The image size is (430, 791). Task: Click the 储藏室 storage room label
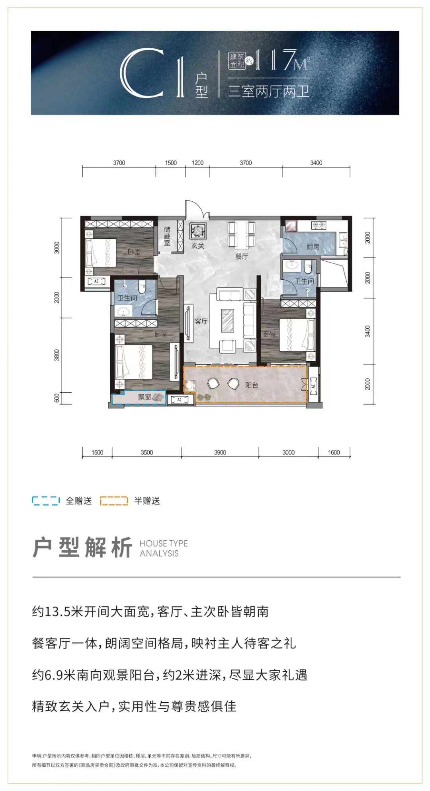(167, 236)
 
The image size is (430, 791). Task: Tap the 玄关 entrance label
(197, 246)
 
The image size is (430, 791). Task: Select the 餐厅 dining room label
(241, 257)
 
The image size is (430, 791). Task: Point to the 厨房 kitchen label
(313, 247)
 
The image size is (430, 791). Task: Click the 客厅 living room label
(201, 321)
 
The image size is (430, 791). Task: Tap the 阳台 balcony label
(252, 385)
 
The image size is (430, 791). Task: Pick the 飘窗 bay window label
(144, 397)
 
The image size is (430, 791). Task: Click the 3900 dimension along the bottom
(220, 452)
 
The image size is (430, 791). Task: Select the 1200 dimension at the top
(197, 163)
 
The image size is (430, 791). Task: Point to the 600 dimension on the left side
(57, 398)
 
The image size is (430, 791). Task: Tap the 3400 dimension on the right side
(367, 331)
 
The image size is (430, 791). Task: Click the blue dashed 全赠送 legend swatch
(46, 501)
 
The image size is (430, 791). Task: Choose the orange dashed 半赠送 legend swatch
(114, 501)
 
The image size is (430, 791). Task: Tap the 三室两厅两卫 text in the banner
(269, 92)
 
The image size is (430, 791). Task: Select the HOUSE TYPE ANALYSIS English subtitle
(163, 548)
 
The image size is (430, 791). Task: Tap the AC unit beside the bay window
(180, 399)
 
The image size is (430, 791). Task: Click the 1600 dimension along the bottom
(334, 452)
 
